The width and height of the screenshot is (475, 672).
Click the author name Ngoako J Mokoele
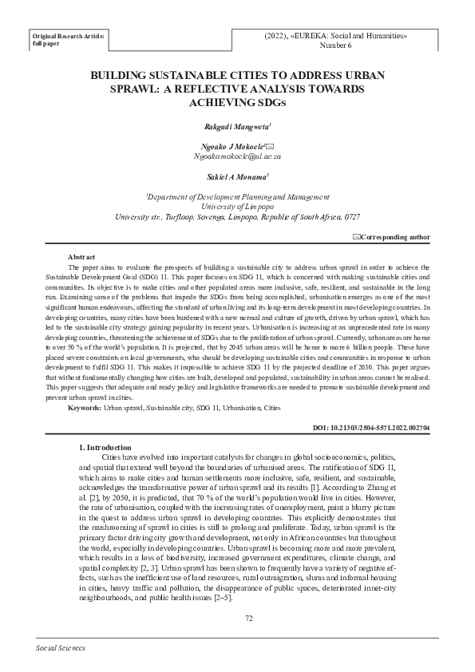233,148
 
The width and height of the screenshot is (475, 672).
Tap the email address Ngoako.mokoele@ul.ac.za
238,158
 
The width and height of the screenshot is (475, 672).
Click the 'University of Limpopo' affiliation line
238,206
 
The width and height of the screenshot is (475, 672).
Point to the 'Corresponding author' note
396,237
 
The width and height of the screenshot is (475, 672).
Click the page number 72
249,617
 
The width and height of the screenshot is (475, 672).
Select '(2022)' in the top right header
277,36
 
